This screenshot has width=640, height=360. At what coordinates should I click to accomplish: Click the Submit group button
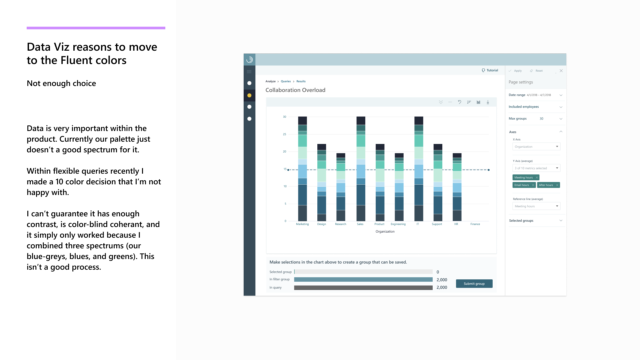point(474,284)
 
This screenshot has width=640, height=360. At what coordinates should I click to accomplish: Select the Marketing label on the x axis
point(302,224)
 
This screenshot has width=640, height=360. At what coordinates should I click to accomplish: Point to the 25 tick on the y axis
point(284,134)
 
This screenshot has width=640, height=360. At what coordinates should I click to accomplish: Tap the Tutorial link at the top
point(490,70)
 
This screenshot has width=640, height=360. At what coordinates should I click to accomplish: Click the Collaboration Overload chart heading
point(295,90)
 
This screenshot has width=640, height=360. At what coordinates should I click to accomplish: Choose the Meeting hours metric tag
point(523,178)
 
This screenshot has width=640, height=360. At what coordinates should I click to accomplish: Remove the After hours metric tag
point(557,185)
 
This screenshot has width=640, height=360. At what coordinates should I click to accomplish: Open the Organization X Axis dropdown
point(536,147)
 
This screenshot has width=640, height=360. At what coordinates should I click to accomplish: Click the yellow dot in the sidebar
point(249,95)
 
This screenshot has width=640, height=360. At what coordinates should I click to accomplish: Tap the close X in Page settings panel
point(561,71)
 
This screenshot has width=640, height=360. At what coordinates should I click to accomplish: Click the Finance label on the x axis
point(475,224)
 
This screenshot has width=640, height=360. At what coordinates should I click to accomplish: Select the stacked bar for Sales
point(361,169)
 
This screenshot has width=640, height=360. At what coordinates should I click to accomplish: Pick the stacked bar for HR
point(457,187)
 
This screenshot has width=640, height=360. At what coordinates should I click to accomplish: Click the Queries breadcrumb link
point(286,81)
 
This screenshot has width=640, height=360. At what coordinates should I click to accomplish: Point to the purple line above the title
point(96,28)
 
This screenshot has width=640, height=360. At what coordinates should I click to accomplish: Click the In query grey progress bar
point(363,288)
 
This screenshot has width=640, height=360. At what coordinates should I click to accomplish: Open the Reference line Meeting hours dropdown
point(536,206)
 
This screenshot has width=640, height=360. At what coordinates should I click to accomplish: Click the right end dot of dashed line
point(489,170)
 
